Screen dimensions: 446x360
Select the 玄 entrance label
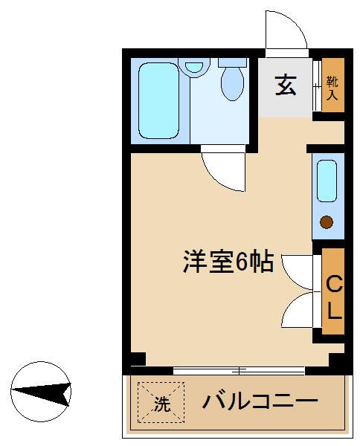pos(285,85)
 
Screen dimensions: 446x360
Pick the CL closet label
pos(334,296)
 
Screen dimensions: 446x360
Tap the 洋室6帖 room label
pos(228,262)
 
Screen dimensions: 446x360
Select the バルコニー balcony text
pos(260,403)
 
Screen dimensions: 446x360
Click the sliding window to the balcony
pos(238,369)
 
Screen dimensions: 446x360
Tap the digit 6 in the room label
pos(243,262)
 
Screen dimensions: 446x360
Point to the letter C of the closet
pos(334,284)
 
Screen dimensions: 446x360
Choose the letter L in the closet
pos(334,308)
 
